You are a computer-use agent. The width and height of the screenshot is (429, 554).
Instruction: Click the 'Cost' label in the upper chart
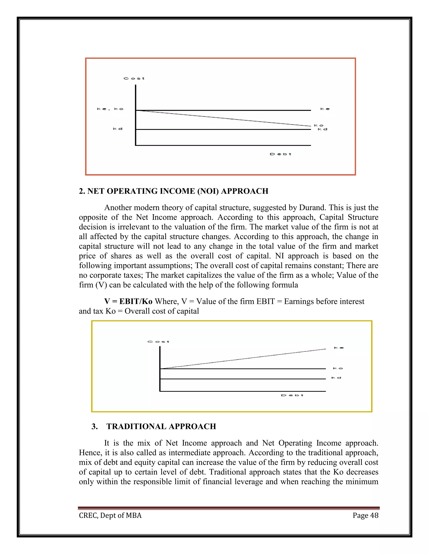(134, 78)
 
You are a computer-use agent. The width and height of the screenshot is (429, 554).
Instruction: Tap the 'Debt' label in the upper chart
(280, 154)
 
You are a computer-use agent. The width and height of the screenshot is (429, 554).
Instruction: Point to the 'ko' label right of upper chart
(319, 125)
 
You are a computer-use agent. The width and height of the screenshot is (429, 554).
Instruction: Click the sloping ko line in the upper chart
(224, 118)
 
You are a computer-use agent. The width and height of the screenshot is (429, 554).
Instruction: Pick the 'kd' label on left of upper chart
(118, 129)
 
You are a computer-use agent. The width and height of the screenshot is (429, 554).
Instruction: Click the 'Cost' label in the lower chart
(158, 342)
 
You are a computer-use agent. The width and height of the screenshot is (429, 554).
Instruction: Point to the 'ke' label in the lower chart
(339, 348)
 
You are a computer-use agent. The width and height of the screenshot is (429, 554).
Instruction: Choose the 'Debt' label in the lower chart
(292, 395)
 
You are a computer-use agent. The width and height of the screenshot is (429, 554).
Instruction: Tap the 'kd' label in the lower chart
(336, 378)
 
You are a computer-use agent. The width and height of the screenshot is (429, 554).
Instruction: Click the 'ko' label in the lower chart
(338, 368)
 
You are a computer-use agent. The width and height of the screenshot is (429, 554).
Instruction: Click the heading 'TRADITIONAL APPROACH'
(161, 426)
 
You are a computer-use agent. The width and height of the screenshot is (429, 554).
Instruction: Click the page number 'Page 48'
(366, 516)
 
